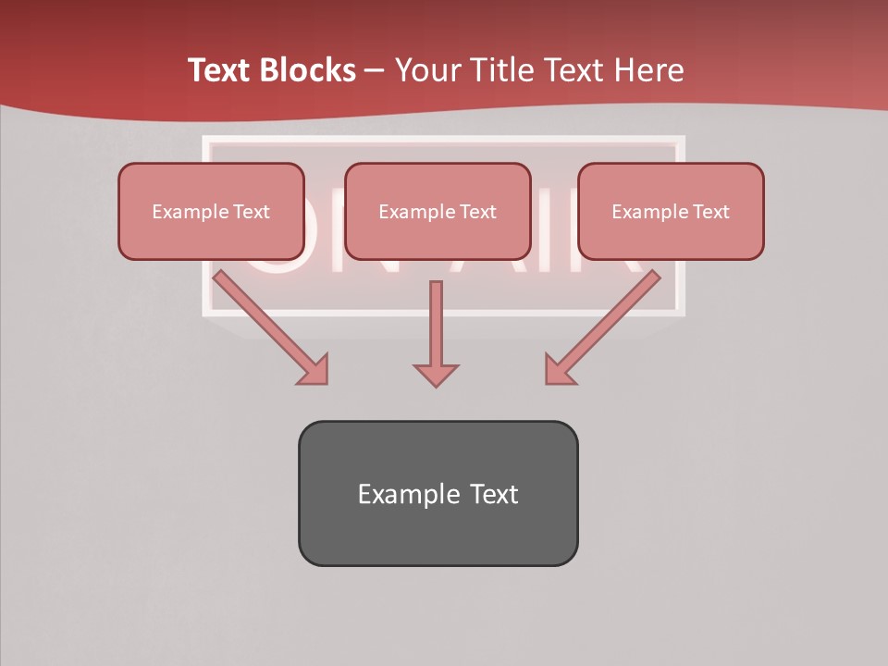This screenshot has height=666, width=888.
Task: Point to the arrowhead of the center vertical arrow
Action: coord(436,375)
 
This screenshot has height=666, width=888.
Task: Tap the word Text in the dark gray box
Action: coord(495,494)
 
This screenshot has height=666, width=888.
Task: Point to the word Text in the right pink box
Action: coord(710,212)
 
